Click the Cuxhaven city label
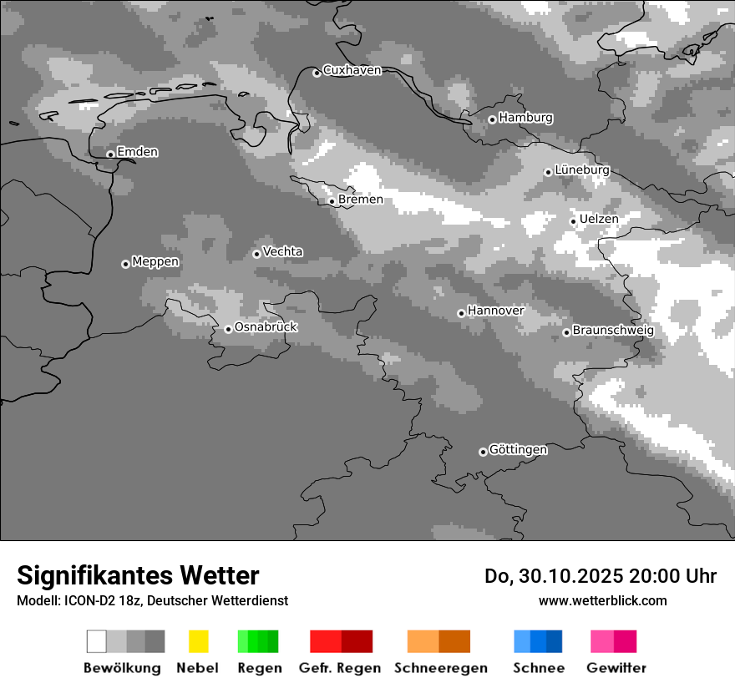[x=352, y=70]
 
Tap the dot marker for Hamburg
[x=492, y=119]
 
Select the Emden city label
[x=137, y=152]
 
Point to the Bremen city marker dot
[x=332, y=201]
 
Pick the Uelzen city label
[x=599, y=219]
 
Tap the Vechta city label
[x=282, y=251]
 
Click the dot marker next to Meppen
[x=125, y=264]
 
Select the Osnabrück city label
[x=266, y=327]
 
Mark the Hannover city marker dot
[x=461, y=313]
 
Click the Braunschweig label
[x=613, y=330]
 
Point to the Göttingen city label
[x=518, y=450]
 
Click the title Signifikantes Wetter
[x=138, y=575]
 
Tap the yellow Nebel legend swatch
[x=198, y=641]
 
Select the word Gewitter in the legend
[x=616, y=668]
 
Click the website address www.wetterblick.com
[x=602, y=600]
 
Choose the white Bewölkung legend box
[x=97, y=641]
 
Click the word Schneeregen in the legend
[x=440, y=668]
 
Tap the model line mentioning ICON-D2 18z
[x=152, y=600]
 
